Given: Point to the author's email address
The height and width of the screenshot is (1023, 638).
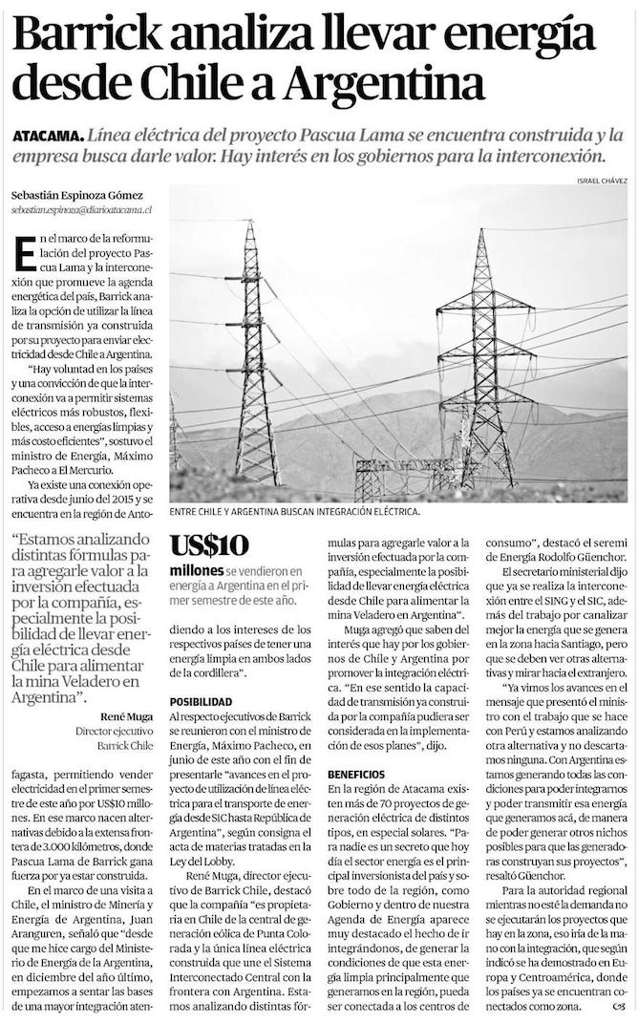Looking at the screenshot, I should [82, 207].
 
